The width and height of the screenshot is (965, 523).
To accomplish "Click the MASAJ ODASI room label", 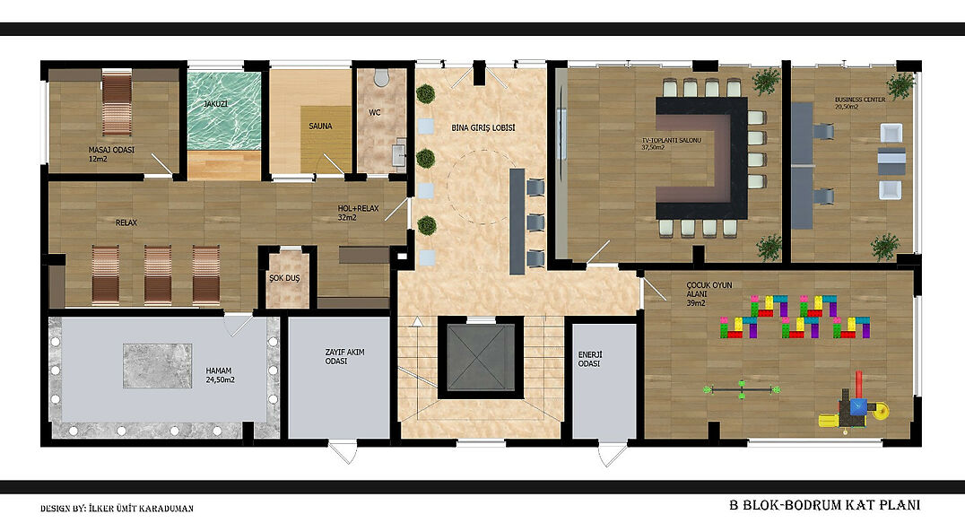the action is [111, 153].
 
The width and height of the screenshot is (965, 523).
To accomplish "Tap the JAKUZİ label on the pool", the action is [215, 104].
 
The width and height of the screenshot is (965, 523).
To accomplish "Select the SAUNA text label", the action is [321, 126].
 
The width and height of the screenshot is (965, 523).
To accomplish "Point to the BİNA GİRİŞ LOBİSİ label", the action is [483, 128].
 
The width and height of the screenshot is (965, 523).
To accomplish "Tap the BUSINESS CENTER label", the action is [860, 103].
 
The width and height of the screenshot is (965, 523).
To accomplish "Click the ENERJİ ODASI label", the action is [589, 360].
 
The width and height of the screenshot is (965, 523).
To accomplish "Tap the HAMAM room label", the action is [221, 375].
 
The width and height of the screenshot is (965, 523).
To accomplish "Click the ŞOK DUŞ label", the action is [284, 278].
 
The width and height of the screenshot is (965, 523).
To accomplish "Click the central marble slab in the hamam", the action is [158, 365].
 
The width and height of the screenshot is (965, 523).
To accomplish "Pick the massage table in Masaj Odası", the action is [117, 102].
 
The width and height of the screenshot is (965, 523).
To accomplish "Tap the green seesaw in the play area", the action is [743, 388].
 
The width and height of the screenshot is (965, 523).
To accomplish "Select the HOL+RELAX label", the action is [358, 213].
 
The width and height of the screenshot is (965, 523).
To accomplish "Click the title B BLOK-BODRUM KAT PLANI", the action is [825, 505].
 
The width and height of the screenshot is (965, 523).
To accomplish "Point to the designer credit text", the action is [117, 509].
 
